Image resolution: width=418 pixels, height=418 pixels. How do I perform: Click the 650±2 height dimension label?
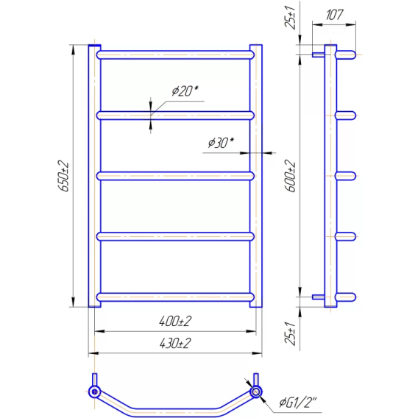pyautogui.click(x=63, y=177)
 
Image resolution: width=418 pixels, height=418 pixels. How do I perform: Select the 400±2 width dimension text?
pyautogui.click(x=175, y=322)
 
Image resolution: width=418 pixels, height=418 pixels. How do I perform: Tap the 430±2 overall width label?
pyautogui.click(x=175, y=344)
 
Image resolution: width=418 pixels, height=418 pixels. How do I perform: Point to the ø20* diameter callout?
pyautogui.click(x=185, y=91)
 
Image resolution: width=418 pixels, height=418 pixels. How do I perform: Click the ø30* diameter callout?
pyautogui.click(x=221, y=143)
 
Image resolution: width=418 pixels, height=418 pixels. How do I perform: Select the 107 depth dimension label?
pyautogui.click(x=334, y=15)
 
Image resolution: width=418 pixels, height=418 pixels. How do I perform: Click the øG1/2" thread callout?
pyautogui.click(x=298, y=402)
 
